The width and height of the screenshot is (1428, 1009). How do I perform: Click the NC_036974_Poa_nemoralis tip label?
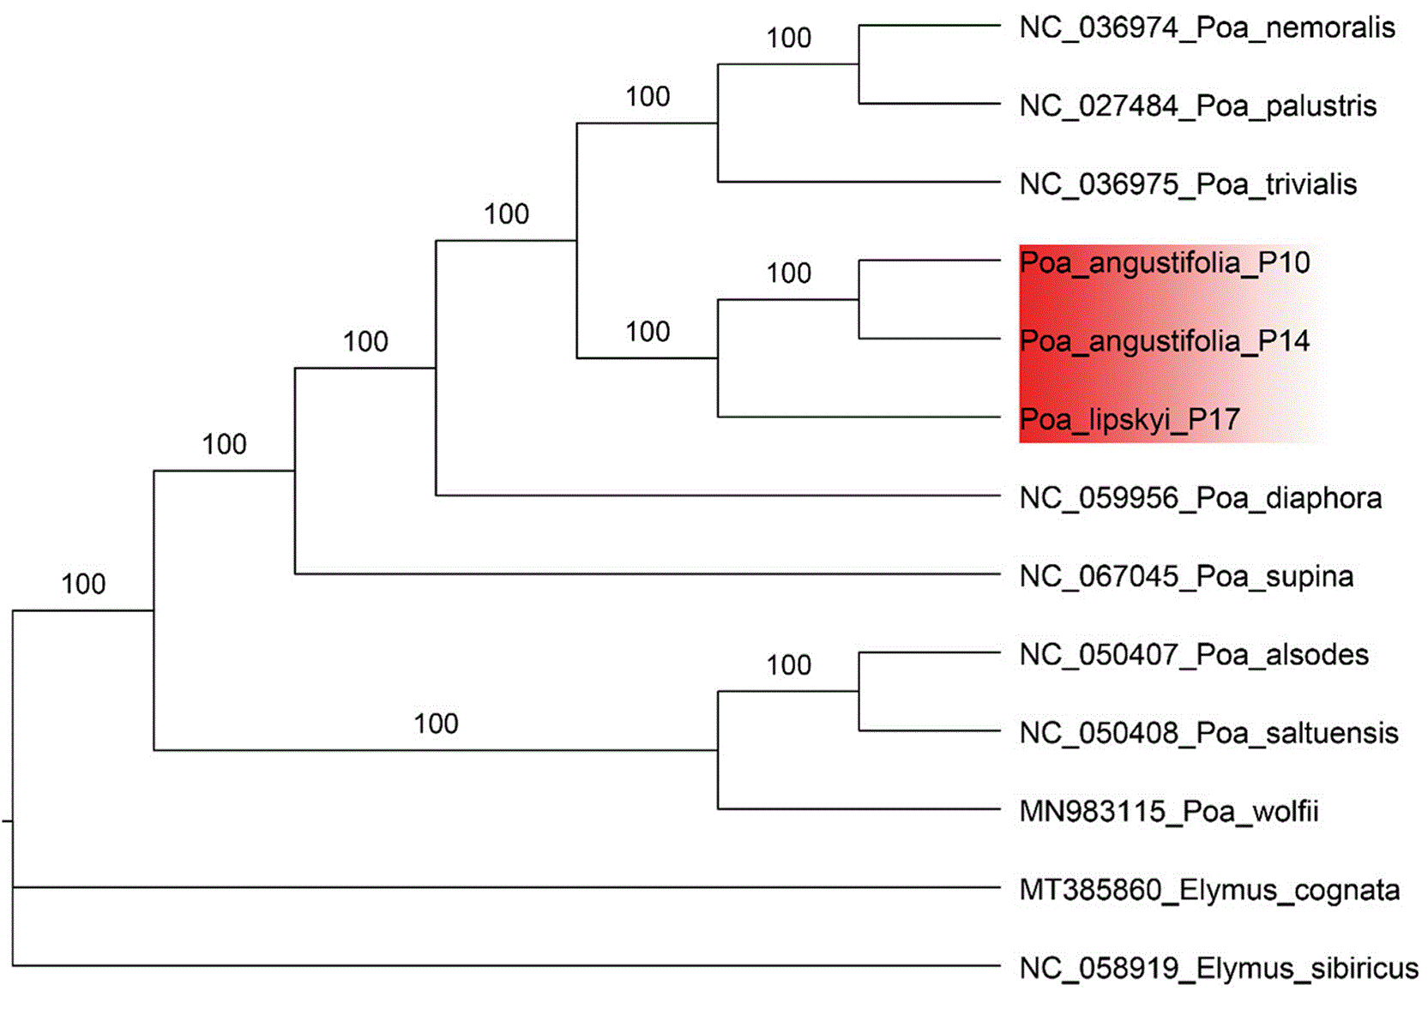[1207, 28]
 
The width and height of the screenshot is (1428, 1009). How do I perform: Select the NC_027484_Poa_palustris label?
[1198, 106]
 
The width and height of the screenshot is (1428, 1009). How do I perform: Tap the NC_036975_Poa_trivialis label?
[1188, 185]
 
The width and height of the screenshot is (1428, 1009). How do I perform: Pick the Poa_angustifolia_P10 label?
[1164, 263]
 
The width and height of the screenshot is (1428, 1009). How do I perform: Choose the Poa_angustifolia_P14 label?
[1164, 342]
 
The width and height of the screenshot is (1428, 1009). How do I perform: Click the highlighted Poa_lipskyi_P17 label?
[1129, 420]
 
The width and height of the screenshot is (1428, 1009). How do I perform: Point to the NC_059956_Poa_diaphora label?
[1201, 498]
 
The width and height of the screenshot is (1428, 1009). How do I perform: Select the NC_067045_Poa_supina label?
[1186, 577]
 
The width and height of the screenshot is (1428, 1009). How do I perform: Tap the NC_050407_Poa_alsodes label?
[1194, 655]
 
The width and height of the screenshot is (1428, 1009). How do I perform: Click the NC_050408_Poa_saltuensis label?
[1208, 734]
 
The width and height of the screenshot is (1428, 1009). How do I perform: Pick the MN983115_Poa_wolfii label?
[1168, 812]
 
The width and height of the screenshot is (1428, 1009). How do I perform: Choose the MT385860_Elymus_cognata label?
[1209, 891]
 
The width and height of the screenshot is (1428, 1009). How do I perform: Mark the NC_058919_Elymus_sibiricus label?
[1218, 969]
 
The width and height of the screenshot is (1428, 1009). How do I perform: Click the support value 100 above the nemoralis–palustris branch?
[788, 39]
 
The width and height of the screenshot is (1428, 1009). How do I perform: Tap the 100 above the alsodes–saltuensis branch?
[788, 665]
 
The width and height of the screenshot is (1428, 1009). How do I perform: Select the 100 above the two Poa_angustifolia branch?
[788, 273]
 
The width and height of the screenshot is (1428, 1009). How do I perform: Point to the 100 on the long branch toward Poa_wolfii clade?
[436, 724]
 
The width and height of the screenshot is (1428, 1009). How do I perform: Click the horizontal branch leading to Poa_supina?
[647, 574]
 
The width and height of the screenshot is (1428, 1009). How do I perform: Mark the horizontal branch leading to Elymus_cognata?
[506, 886]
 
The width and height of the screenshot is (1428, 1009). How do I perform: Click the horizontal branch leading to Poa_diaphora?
[718, 495]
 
